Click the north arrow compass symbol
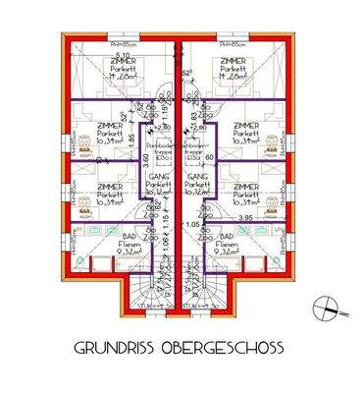click(x=325, y=309)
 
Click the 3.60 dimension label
click(x=144, y=156)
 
